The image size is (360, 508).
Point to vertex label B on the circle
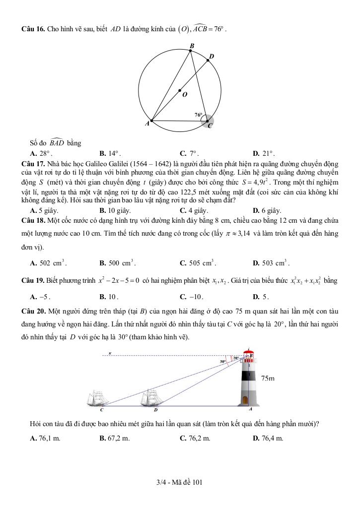pos(192,46)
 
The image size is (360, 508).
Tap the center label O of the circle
pos(185,95)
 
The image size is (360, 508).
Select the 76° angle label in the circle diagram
pos(198,115)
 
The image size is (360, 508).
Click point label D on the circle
pos(212,57)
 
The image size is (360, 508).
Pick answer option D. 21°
pos(264,153)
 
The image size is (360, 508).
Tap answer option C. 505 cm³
pos(198,263)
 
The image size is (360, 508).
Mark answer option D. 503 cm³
pos(271,263)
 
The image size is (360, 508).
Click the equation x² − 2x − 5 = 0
pos(118,281)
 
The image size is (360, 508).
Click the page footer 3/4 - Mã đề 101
pos(180,482)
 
